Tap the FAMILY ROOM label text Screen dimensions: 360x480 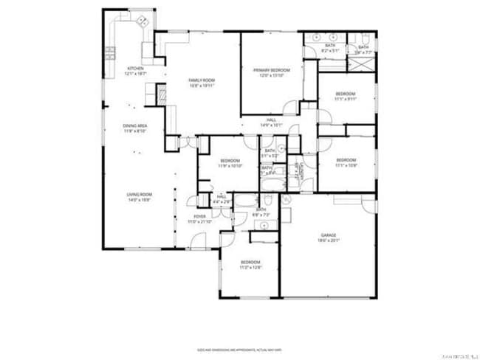click(201, 83)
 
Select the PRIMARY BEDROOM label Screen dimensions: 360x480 click(272, 72)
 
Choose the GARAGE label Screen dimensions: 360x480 click(329, 238)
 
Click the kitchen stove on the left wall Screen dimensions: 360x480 click(110, 52)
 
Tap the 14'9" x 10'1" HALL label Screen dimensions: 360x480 click(272, 123)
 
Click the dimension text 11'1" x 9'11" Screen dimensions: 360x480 click(346, 100)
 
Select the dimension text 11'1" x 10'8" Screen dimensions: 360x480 click(346, 165)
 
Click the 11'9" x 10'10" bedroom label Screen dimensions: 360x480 click(230, 164)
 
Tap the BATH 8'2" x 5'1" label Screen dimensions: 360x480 click(330, 49)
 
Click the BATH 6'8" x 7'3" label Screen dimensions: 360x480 click(261, 212)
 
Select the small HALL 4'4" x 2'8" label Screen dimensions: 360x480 click(221, 199)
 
